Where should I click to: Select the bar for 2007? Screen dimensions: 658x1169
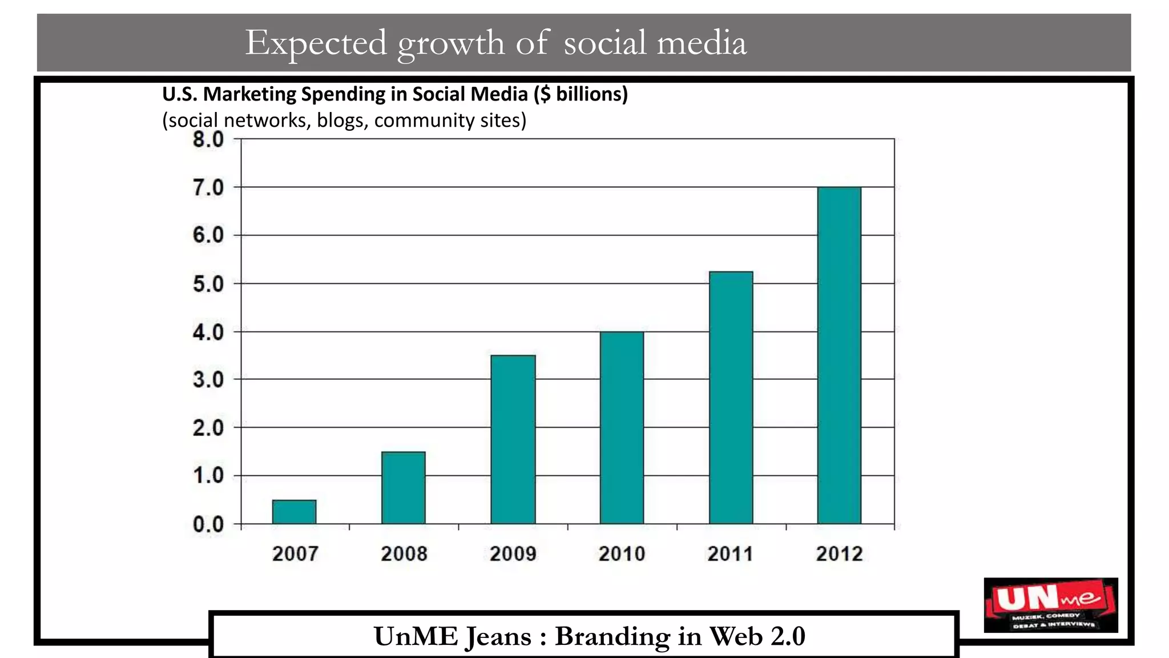click(x=294, y=512)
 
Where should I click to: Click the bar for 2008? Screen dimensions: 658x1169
click(x=404, y=488)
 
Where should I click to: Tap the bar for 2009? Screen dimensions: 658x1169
click(x=513, y=439)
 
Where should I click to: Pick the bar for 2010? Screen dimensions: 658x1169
click(x=622, y=427)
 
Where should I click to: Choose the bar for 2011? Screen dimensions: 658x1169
click(x=731, y=398)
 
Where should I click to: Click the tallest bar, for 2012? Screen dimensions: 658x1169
click(x=839, y=355)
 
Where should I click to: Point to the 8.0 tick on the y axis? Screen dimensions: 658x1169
click(x=208, y=139)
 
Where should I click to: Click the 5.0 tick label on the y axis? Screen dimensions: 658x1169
click(x=208, y=284)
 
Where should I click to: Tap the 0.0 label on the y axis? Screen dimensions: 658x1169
click(x=208, y=524)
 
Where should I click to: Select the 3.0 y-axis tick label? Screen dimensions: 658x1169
click(x=208, y=380)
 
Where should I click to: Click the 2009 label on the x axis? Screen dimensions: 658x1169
click(x=513, y=553)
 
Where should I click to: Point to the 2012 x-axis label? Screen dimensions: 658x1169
click(x=839, y=553)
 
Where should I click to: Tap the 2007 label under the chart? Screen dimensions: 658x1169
click(x=295, y=553)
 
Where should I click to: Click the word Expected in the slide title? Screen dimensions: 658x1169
click(x=316, y=43)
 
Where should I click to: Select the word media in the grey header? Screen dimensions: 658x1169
click(x=702, y=43)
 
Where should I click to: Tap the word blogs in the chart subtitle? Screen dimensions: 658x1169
click(x=341, y=121)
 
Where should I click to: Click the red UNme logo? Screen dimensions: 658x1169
click(x=1050, y=605)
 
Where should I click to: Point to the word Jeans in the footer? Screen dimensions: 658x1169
click(x=498, y=636)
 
